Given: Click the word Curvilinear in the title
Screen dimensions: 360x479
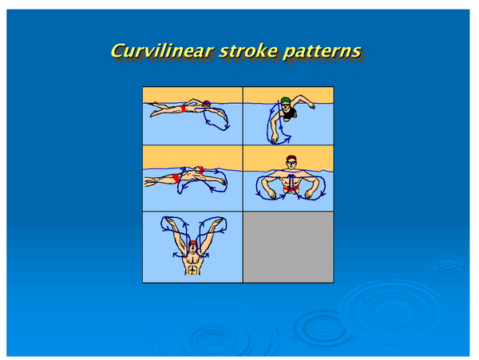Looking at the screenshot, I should pyautogui.click(x=158, y=51).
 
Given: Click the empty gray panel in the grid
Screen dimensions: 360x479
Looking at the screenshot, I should pyautogui.click(x=287, y=245).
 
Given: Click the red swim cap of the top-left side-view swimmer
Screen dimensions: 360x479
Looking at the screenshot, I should pyautogui.click(x=207, y=104).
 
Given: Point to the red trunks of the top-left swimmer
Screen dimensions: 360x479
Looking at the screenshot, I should pyautogui.click(x=186, y=108).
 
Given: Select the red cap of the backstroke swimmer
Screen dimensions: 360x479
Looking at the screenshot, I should pyautogui.click(x=199, y=170).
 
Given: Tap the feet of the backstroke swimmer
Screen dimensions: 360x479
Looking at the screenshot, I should pyautogui.click(x=148, y=182).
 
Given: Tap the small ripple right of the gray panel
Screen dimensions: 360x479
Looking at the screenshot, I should pyautogui.click(x=448, y=261).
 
